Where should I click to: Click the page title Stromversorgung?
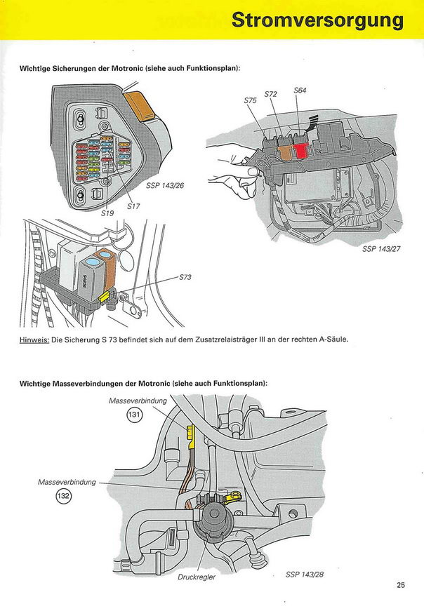tap(318, 20)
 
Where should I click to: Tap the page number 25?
tap(401, 584)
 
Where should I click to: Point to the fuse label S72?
tap(270, 94)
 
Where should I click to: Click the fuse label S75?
tap(250, 101)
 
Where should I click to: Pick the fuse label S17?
tap(133, 206)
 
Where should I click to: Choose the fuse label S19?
tap(107, 212)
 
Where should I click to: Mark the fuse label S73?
tap(185, 277)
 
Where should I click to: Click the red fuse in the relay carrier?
tap(302, 150)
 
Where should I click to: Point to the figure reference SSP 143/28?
tap(303, 575)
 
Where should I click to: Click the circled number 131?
tap(134, 415)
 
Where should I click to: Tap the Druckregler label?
tap(197, 578)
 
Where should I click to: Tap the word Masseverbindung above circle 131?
tap(138, 401)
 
